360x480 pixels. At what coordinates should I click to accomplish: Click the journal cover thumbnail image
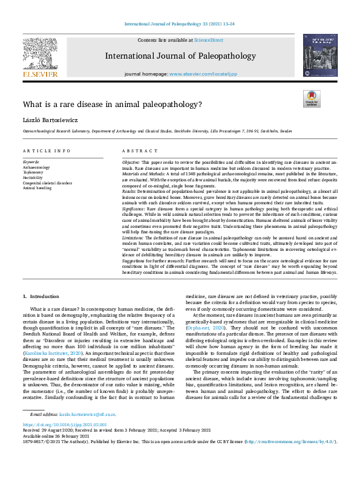[x=320, y=56]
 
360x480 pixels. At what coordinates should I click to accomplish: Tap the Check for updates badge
[x=311, y=99]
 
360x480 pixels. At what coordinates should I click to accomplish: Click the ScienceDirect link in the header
[x=209, y=40]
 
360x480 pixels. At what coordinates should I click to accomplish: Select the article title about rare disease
[x=113, y=104]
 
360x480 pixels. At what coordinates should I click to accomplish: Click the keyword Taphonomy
[x=33, y=172]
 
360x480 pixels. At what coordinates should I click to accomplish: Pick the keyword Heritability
[x=33, y=177]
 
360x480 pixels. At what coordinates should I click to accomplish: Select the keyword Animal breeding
[x=37, y=187]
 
